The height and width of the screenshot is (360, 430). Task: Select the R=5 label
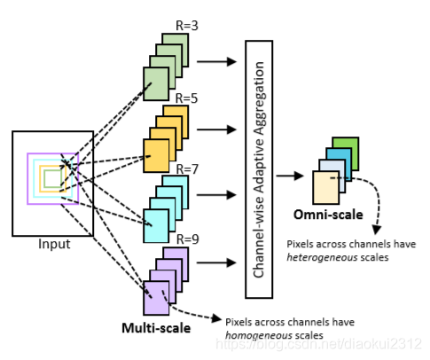click(x=188, y=98)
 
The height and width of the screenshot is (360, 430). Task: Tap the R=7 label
click(x=187, y=168)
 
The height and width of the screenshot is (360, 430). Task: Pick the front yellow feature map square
click(x=155, y=157)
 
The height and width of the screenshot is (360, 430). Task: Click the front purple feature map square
click(x=156, y=297)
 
